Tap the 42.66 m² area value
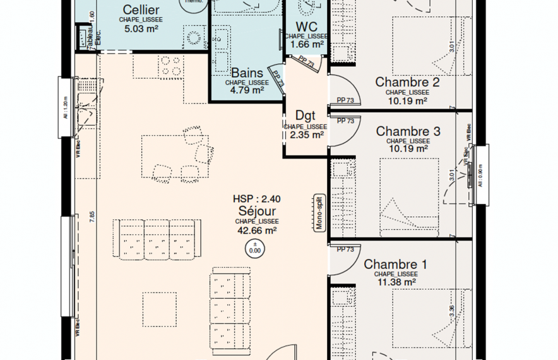pyautogui.click(x=256, y=231)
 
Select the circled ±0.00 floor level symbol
pyautogui.click(x=256, y=248)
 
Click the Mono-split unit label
pyautogui.click(x=319, y=213)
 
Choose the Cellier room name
pyautogui.click(x=141, y=9)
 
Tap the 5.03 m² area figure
pyautogui.click(x=141, y=28)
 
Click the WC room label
pyautogui.click(x=306, y=27)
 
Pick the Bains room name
pyautogui.click(x=246, y=73)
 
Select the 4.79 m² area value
pyautogui.click(x=246, y=90)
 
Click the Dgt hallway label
pyautogui.click(x=306, y=117)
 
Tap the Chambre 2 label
pyautogui.click(x=407, y=82)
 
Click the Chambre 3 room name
pyautogui.click(x=408, y=131)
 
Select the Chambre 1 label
pyautogui.click(x=395, y=265)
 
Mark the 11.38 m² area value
pyautogui.click(x=395, y=282)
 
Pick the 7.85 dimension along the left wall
pyautogui.click(x=92, y=215)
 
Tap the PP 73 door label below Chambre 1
pyautogui.click(x=345, y=249)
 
